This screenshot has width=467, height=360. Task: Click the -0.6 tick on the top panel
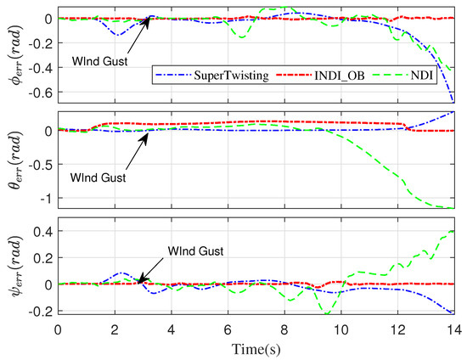pyautogui.click(x=40, y=93)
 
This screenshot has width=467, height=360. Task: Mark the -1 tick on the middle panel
pyautogui.click(x=44, y=198)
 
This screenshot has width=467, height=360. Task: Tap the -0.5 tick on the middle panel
pyautogui.click(x=40, y=164)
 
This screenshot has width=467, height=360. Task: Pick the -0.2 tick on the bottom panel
pyautogui.click(x=40, y=311)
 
